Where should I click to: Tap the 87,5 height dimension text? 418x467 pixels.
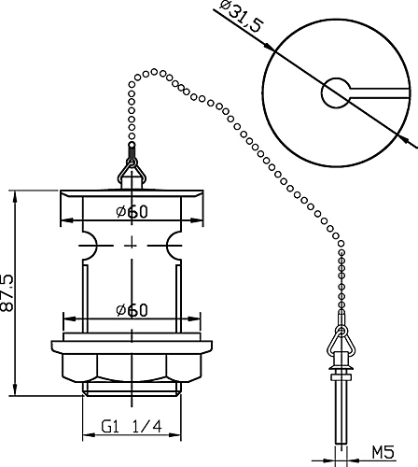7,293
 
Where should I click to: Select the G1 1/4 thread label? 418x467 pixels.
132,427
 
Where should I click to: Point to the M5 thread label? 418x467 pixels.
383,452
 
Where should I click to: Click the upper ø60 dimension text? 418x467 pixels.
132,212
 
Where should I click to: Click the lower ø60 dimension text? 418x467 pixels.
132,310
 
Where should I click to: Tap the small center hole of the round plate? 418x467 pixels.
336,92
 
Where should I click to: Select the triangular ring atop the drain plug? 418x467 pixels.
132,171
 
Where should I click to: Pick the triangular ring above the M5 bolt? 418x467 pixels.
341,342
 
